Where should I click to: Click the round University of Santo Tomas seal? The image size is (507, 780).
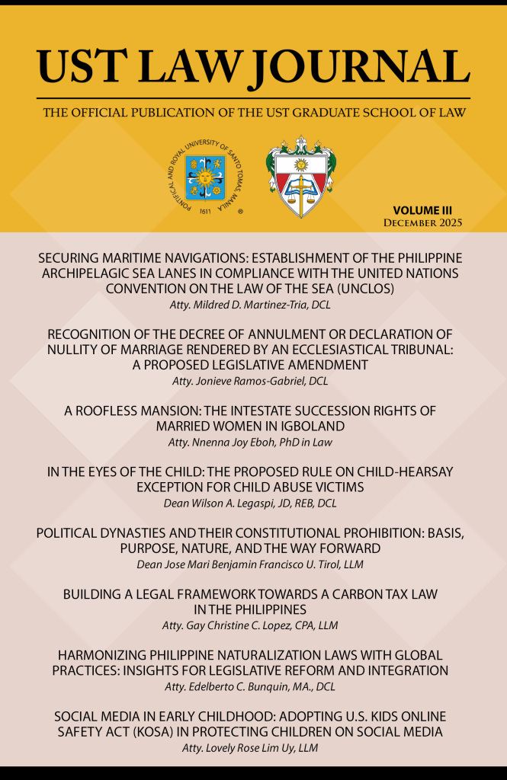[204, 177]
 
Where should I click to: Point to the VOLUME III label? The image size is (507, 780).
[428, 209]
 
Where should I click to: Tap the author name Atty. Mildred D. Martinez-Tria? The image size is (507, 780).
[253, 305]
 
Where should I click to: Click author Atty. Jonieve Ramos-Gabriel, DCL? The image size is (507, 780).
[253, 380]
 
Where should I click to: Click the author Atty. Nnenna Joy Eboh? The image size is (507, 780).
[253, 442]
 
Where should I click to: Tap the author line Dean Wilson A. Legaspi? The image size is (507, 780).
[253, 503]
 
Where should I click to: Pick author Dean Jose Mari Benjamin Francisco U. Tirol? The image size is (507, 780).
[253, 564]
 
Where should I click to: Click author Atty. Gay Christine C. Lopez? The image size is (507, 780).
[253, 625]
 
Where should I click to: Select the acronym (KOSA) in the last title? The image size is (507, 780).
[201, 732]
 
